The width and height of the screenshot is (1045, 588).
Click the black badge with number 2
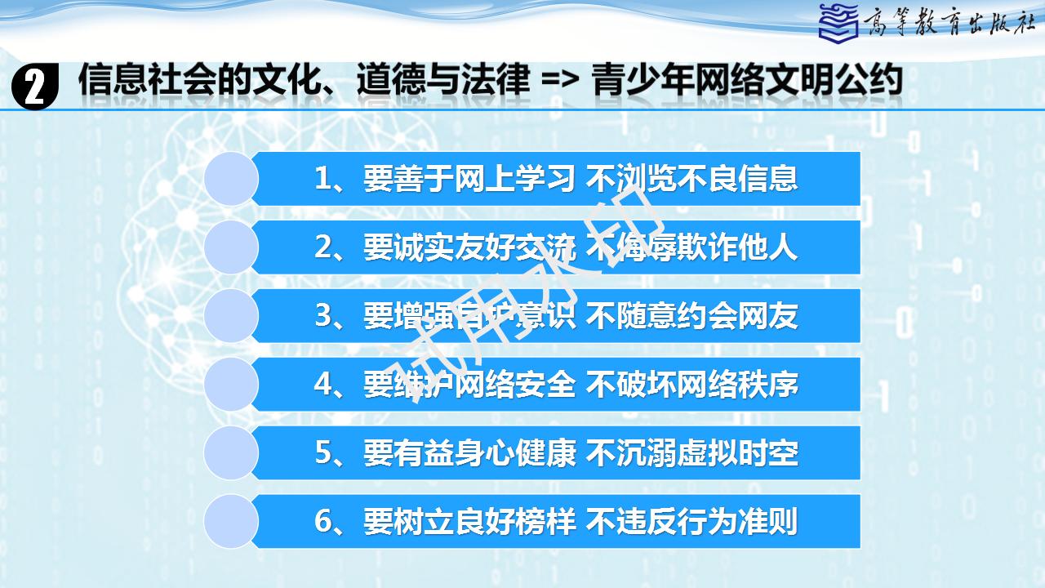click(x=34, y=87)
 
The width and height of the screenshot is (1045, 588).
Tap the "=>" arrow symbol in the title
click(x=560, y=81)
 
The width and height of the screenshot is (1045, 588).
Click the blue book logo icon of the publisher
click(x=838, y=22)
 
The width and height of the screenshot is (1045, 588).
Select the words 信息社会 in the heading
click(x=147, y=80)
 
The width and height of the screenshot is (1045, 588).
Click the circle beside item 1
click(x=231, y=179)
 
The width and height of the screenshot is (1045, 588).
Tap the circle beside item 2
click(x=231, y=247)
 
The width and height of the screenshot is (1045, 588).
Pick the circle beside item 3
click(x=231, y=316)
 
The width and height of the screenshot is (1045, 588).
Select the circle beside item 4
click(x=231, y=385)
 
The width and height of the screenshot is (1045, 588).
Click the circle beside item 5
click(x=231, y=453)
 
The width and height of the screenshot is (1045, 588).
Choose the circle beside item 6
click(x=231, y=522)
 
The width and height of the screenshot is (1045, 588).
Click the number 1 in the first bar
click(x=322, y=179)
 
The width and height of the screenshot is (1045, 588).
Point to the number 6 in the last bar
click(x=322, y=521)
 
